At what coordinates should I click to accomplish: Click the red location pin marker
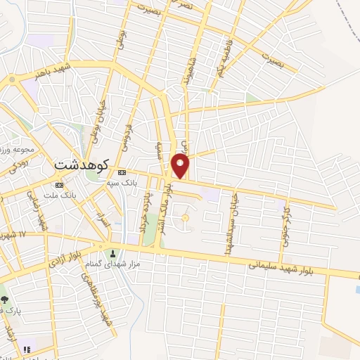coord(181,165)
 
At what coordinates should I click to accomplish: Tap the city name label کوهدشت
coord(81,165)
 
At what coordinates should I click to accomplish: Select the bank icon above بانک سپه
coord(123,172)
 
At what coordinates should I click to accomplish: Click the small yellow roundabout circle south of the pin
coord(186,218)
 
